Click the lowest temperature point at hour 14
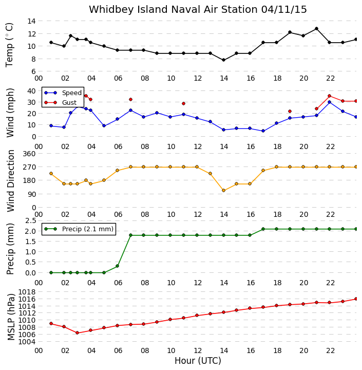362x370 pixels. click(x=223, y=60)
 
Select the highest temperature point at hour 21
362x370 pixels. click(x=316, y=29)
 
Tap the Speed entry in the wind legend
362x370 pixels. click(x=63, y=92)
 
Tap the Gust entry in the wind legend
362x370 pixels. click(x=61, y=103)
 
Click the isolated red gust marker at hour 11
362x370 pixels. click(x=183, y=104)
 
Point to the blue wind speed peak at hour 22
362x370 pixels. click(x=330, y=102)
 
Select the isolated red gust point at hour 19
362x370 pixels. click(x=290, y=111)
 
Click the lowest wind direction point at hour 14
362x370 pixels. click(x=223, y=191)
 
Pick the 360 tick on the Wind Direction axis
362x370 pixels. click(x=29, y=154)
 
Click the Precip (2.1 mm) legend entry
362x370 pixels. click(x=79, y=229)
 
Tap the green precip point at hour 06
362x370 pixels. click(x=117, y=266)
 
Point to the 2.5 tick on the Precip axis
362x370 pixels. click(x=31, y=221)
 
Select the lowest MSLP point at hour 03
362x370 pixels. click(x=77, y=332)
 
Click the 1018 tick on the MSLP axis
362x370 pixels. click(x=27, y=292)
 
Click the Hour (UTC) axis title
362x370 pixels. click(x=198, y=361)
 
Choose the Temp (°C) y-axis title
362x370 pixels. click(x=9, y=45)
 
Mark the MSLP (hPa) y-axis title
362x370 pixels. click(x=11, y=317)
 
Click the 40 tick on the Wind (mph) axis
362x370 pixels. click(x=32, y=91)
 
